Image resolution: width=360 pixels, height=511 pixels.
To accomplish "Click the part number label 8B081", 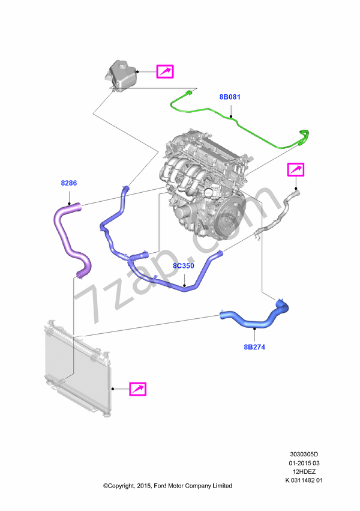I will [x=230, y=97].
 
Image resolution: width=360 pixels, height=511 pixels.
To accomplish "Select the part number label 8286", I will [x=68, y=183].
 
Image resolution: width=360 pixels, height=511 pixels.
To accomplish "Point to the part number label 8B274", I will [x=254, y=347].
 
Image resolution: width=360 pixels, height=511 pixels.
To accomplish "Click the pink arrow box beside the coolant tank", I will [x=165, y=71].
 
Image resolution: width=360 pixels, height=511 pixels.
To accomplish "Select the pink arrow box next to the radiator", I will [x=138, y=389].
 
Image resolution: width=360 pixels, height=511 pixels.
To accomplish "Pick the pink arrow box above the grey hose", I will [x=295, y=170].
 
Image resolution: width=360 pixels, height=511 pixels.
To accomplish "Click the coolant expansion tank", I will [x=121, y=75].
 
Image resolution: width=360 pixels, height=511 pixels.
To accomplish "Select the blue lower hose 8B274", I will [x=255, y=320].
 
